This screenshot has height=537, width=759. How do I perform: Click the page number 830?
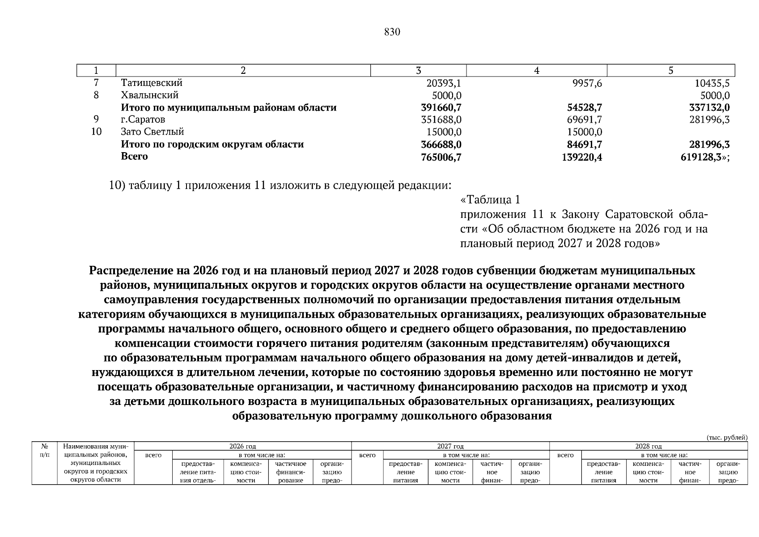click(392, 32)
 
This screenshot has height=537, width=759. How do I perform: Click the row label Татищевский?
click(152, 83)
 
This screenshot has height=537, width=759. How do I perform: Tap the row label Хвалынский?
click(149, 95)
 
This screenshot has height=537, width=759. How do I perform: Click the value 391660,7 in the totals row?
click(441, 108)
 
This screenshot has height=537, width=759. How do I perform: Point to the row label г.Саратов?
click(143, 119)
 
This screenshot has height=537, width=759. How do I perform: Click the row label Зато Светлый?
click(152, 132)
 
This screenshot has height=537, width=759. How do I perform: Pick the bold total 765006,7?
click(441, 157)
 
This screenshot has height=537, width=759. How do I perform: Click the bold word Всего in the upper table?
click(134, 156)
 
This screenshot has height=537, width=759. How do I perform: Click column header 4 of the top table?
click(536, 71)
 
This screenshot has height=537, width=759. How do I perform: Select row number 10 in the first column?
click(96, 132)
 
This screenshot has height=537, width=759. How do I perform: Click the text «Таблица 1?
click(490, 199)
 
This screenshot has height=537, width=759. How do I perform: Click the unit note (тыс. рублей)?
click(727, 437)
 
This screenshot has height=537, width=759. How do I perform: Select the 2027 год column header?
click(450, 446)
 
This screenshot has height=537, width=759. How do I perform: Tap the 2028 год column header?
click(648, 446)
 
